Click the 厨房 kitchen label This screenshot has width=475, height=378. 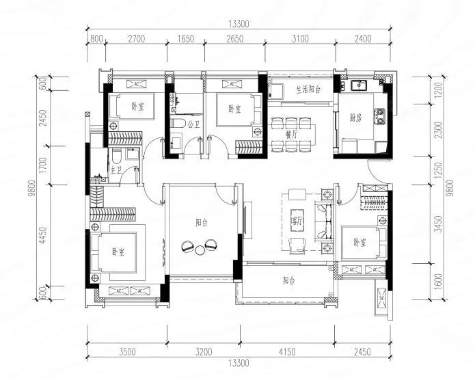(355, 118)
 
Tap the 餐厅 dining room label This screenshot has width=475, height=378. (291, 135)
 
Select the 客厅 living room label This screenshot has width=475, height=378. (297, 221)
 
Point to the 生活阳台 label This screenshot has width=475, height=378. (308, 90)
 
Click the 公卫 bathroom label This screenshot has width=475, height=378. (193, 124)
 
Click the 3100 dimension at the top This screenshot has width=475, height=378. (300, 39)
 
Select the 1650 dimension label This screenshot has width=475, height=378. (186, 39)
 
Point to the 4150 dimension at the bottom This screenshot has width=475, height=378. (287, 351)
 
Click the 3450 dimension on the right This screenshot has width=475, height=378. (438, 224)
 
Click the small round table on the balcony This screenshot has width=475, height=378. (200, 250)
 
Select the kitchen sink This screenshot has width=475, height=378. (359, 85)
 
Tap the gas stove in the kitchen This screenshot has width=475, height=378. (380, 116)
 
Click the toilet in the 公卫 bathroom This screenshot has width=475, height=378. (178, 123)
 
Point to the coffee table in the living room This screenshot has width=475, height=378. (297, 220)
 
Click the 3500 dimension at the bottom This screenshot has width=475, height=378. (127, 351)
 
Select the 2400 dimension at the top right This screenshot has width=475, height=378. (363, 39)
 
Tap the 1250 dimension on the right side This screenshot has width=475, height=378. (438, 170)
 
